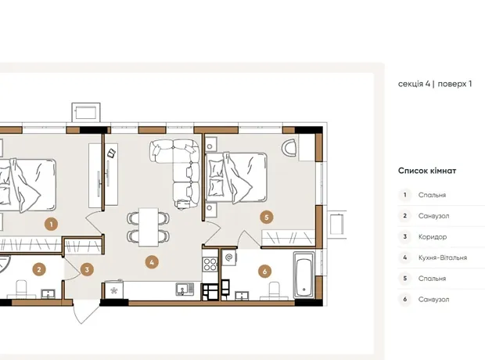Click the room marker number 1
[x=51, y=224]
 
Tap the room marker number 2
[x=39, y=269]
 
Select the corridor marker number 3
[x=87, y=269]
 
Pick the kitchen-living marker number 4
[x=152, y=262]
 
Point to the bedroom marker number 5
[x=267, y=218]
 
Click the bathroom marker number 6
[x=264, y=272]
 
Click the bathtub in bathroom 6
[x=304, y=275]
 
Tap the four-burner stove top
[x=210, y=265]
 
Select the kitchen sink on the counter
[x=185, y=289]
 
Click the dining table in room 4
[x=149, y=227]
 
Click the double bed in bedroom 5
[x=236, y=178]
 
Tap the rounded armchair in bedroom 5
[x=289, y=148]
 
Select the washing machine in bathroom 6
[x=229, y=257]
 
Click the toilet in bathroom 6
[x=275, y=290]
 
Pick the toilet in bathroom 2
[x=21, y=289]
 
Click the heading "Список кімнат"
[x=427, y=171]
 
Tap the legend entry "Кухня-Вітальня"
[x=443, y=257]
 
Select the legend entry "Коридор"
[x=433, y=237]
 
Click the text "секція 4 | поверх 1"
[x=435, y=84]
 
